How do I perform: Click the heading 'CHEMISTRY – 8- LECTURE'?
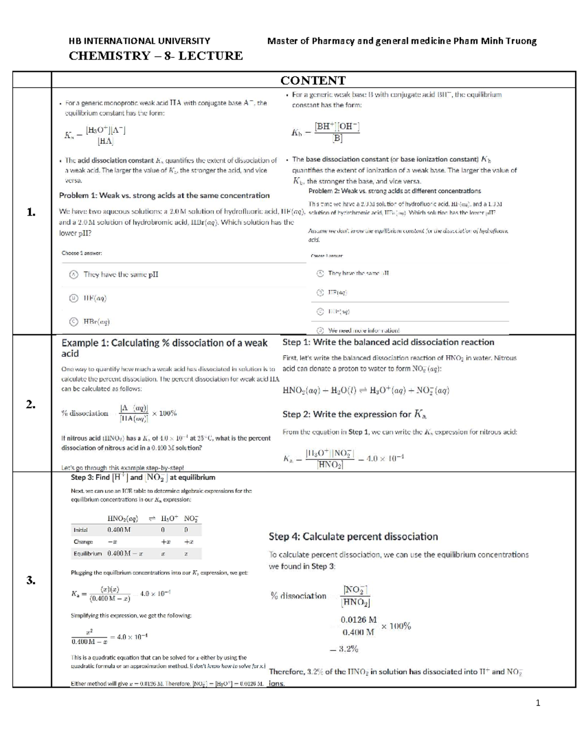(156, 56)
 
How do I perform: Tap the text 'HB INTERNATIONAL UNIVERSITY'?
(140, 41)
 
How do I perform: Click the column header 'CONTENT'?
(313, 80)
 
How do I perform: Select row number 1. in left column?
(32, 211)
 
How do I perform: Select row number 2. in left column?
(32, 404)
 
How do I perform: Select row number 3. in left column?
(32, 580)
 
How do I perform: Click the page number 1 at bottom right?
(538, 703)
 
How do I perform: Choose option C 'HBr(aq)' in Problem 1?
(96, 322)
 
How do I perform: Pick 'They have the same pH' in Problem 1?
(121, 275)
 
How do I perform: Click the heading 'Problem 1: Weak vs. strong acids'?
(164, 196)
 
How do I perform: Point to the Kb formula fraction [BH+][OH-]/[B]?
(337, 132)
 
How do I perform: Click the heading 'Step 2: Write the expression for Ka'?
(354, 414)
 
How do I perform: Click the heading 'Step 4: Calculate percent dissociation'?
(353, 536)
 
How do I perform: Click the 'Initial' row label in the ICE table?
(80, 530)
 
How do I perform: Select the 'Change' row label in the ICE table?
(83, 542)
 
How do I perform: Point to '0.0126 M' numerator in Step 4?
(359, 620)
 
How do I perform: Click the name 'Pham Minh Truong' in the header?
(495, 41)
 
